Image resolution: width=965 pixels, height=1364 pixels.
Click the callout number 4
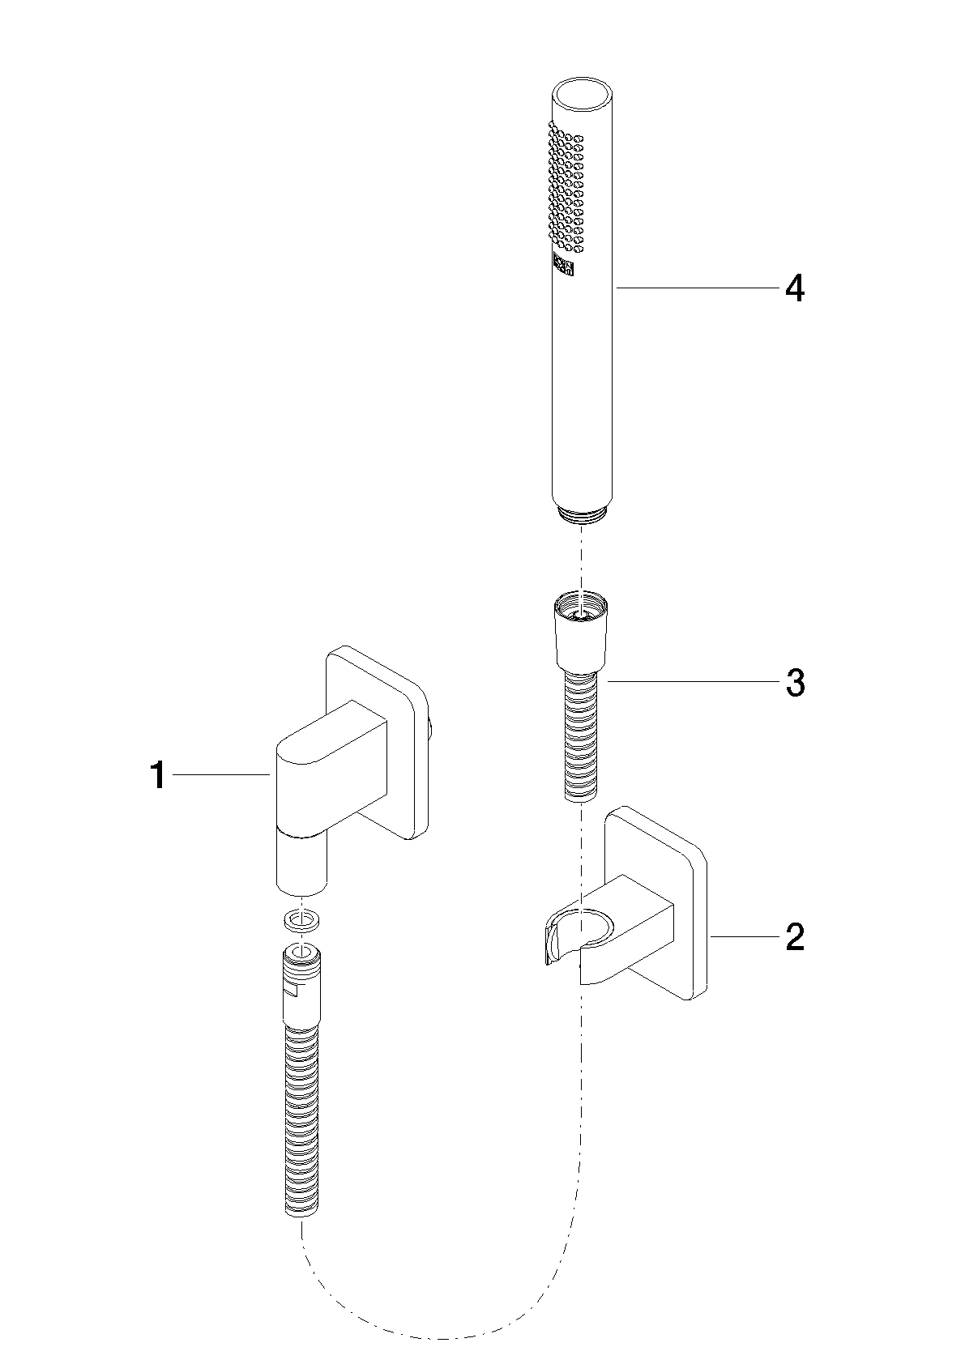794,288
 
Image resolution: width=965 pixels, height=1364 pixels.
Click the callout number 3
795,683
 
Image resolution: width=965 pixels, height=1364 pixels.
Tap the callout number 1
158,775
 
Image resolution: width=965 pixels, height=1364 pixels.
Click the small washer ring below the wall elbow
302,921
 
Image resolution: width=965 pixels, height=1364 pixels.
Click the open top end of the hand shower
581,94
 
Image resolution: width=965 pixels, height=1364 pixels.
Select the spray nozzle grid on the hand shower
566,188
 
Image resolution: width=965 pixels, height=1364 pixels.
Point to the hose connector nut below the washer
302,987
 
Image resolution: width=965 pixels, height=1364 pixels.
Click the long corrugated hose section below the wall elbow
302,1122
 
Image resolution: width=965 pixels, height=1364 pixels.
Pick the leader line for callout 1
222,774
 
